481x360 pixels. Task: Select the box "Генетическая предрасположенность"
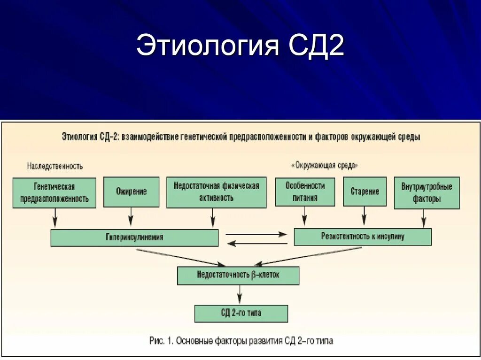tap(54, 192)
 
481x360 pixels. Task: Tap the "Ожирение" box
tap(131, 191)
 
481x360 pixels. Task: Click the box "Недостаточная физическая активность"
tap(216, 192)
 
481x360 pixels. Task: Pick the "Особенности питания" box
tap(305, 191)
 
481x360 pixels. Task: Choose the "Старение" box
tap(365, 191)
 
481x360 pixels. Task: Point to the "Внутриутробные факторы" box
tap(427, 192)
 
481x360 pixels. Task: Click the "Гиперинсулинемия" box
tap(134, 237)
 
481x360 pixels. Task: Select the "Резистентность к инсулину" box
tap(362, 237)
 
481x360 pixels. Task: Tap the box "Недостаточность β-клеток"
tap(238, 276)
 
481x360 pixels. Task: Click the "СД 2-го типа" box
tap(241, 313)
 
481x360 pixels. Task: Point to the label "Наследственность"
tap(55, 166)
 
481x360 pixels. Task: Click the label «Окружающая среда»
tap(325, 166)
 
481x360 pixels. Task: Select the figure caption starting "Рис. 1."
tap(241, 341)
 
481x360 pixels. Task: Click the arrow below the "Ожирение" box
tap(131, 218)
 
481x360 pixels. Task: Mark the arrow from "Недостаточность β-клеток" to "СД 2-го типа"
tap(240, 295)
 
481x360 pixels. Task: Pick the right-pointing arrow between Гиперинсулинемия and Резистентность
tap(256, 234)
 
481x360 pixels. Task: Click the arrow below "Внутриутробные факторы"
tap(424, 218)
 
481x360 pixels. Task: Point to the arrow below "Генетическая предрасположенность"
tap(55, 218)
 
